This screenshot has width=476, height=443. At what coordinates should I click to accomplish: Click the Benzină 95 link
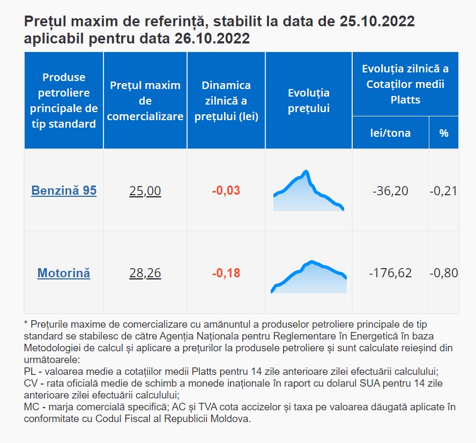[x=64, y=190]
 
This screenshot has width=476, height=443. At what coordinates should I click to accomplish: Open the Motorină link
[x=64, y=273]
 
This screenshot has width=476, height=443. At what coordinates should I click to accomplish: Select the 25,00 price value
[x=145, y=191]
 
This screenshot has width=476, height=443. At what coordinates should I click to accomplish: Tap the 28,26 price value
[x=145, y=273]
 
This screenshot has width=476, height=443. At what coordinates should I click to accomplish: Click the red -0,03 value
[x=226, y=190]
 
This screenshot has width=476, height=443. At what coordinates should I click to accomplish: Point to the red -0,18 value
[x=226, y=273]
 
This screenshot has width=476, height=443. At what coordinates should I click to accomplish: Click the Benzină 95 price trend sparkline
[x=309, y=191]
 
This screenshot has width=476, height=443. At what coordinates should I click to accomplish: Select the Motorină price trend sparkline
[x=309, y=277]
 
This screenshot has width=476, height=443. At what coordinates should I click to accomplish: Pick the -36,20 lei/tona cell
[x=390, y=191]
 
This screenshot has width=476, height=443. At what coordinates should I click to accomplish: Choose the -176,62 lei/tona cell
[x=390, y=273]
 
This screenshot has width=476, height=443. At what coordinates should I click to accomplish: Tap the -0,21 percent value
[x=443, y=191]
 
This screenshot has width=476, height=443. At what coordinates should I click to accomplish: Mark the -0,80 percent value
[x=444, y=273]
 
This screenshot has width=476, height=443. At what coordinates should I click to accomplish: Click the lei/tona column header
[x=390, y=133]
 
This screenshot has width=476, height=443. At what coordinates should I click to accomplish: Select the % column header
[x=444, y=133]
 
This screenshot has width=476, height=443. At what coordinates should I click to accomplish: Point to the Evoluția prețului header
[x=309, y=100]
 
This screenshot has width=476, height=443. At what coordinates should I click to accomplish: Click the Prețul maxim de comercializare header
[x=145, y=101]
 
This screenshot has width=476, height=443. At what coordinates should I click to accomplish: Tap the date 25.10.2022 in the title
[x=377, y=21]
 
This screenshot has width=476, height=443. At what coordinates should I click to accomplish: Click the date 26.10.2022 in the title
[x=212, y=38]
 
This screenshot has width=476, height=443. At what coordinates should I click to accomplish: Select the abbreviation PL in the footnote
[x=30, y=371]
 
